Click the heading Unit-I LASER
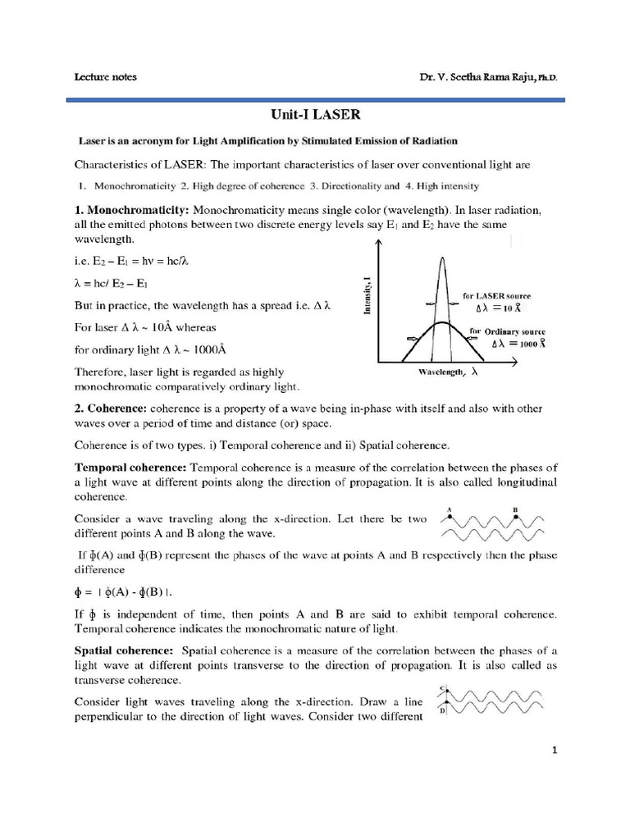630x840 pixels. [x=314, y=117]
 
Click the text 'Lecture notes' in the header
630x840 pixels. [x=106, y=77]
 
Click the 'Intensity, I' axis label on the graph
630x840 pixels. [x=364, y=296]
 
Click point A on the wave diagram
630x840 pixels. [x=449, y=516]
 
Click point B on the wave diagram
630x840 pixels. [x=515, y=516]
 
